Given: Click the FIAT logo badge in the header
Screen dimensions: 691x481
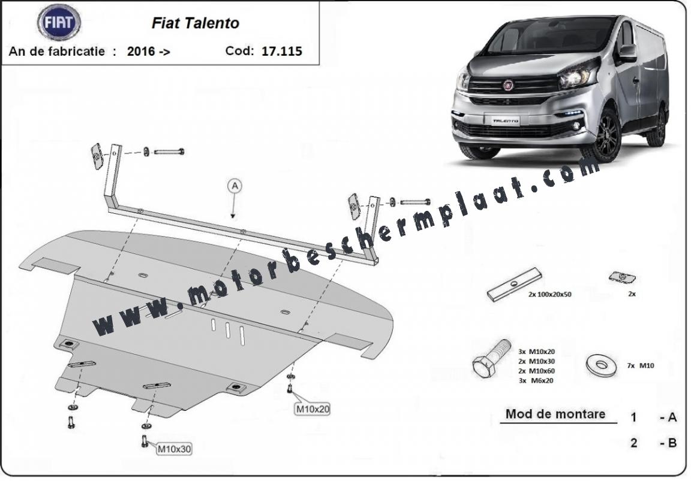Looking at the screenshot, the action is [x=59, y=22].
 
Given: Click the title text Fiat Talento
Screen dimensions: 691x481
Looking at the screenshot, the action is [x=195, y=23].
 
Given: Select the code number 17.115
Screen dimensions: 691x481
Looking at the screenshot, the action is [x=281, y=51].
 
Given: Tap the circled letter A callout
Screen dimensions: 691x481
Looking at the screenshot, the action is [x=235, y=186].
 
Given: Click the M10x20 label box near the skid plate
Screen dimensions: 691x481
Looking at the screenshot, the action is [x=313, y=409].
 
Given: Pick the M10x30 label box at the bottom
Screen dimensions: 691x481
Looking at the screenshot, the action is [x=174, y=449].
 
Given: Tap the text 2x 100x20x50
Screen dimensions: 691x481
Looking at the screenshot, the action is [x=550, y=294].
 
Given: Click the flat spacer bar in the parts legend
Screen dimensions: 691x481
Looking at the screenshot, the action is [x=514, y=285].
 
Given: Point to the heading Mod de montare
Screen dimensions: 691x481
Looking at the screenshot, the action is [x=555, y=414].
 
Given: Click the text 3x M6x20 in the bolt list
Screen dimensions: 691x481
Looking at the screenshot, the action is [x=536, y=380].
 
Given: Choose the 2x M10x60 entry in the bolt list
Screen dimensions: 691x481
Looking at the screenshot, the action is [x=536, y=371].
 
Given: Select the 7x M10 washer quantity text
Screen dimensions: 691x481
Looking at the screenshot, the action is [x=641, y=365].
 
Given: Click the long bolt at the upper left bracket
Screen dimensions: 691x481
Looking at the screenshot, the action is [x=169, y=152].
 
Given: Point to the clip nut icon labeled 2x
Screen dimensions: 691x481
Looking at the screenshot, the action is [x=622, y=277].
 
